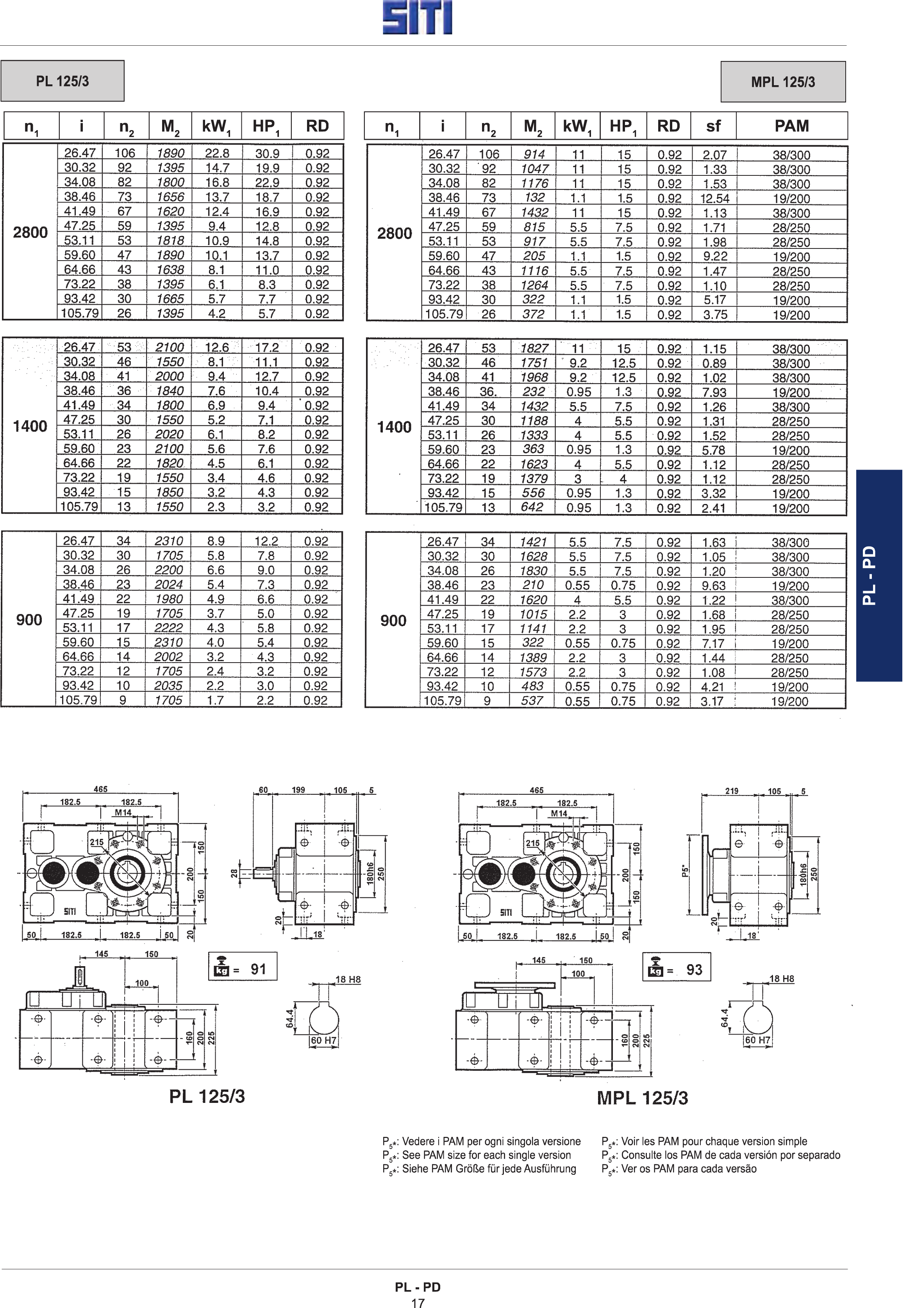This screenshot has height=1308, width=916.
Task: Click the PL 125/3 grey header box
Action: [x=62, y=81]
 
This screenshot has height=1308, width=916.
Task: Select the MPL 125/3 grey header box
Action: [x=783, y=82]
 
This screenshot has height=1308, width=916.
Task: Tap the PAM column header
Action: [x=791, y=126]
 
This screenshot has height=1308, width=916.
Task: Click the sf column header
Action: [x=713, y=126]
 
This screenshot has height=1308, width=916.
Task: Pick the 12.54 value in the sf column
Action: [x=715, y=198]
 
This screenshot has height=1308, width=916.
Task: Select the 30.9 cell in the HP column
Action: [x=267, y=153]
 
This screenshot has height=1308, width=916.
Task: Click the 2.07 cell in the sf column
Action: [x=715, y=154]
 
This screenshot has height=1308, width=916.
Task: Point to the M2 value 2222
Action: [x=169, y=628]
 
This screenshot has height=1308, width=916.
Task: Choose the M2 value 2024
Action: [x=169, y=584]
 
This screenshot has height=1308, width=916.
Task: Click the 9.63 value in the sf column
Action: [x=714, y=586]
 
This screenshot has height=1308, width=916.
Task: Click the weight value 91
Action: [x=258, y=969]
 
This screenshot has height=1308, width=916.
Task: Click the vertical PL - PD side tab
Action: [x=879, y=575]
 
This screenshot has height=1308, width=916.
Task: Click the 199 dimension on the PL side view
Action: [x=298, y=790]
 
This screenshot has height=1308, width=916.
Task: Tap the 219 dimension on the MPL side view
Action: [x=732, y=791]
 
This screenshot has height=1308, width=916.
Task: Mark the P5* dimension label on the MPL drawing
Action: [x=685, y=872]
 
